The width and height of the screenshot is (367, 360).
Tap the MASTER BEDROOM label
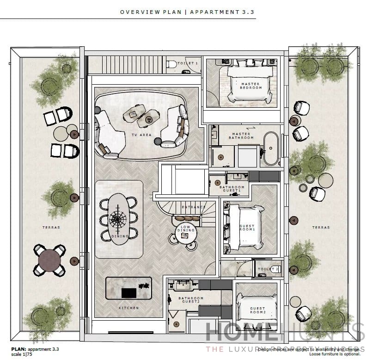251,86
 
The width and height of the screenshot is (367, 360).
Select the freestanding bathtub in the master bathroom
271,149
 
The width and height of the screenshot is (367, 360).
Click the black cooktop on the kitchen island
128,292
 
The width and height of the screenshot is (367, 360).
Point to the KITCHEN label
128,308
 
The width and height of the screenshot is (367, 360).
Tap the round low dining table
186,233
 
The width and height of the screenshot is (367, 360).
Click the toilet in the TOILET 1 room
171,64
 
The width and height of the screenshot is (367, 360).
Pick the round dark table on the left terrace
49,259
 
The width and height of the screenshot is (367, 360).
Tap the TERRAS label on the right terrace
321,228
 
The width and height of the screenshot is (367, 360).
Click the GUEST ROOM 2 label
257,310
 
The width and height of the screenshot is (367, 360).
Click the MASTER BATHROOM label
241,135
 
